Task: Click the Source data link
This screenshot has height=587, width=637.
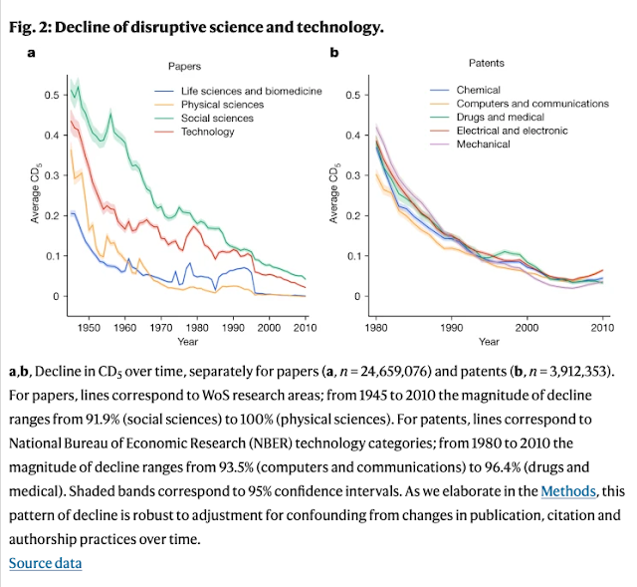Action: point(46,564)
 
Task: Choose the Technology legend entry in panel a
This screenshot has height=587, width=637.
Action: point(208,132)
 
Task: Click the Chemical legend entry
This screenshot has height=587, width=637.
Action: point(478,91)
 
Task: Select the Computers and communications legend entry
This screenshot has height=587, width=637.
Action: point(531,104)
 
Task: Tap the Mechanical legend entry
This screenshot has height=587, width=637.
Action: point(483,144)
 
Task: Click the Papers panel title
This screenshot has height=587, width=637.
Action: point(184,66)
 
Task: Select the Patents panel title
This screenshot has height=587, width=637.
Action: point(486,64)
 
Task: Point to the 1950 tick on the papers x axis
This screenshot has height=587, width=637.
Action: point(89,326)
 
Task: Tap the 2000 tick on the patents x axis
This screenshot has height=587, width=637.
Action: point(527,326)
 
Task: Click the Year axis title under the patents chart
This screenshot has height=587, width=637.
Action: point(489,342)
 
